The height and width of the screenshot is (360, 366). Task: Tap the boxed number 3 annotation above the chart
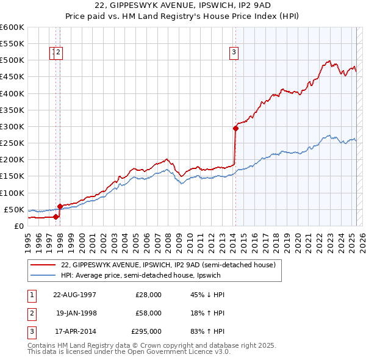(234, 52)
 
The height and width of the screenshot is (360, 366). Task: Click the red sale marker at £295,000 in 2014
(235, 128)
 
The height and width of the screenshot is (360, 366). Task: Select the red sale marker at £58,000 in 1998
(60, 206)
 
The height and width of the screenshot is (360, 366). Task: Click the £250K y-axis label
(12, 143)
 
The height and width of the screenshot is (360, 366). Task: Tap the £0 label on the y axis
(18, 226)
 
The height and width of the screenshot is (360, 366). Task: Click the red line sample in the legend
(44, 265)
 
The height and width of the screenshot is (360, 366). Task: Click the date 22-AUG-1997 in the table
(74, 295)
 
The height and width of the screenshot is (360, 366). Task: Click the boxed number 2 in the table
(31, 313)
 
